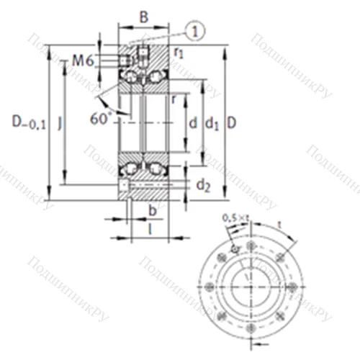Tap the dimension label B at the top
pos(143,17)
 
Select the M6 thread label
pos(83,62)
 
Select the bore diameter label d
pos(192,124)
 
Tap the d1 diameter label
pos(212,124)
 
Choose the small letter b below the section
pos(152,210)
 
